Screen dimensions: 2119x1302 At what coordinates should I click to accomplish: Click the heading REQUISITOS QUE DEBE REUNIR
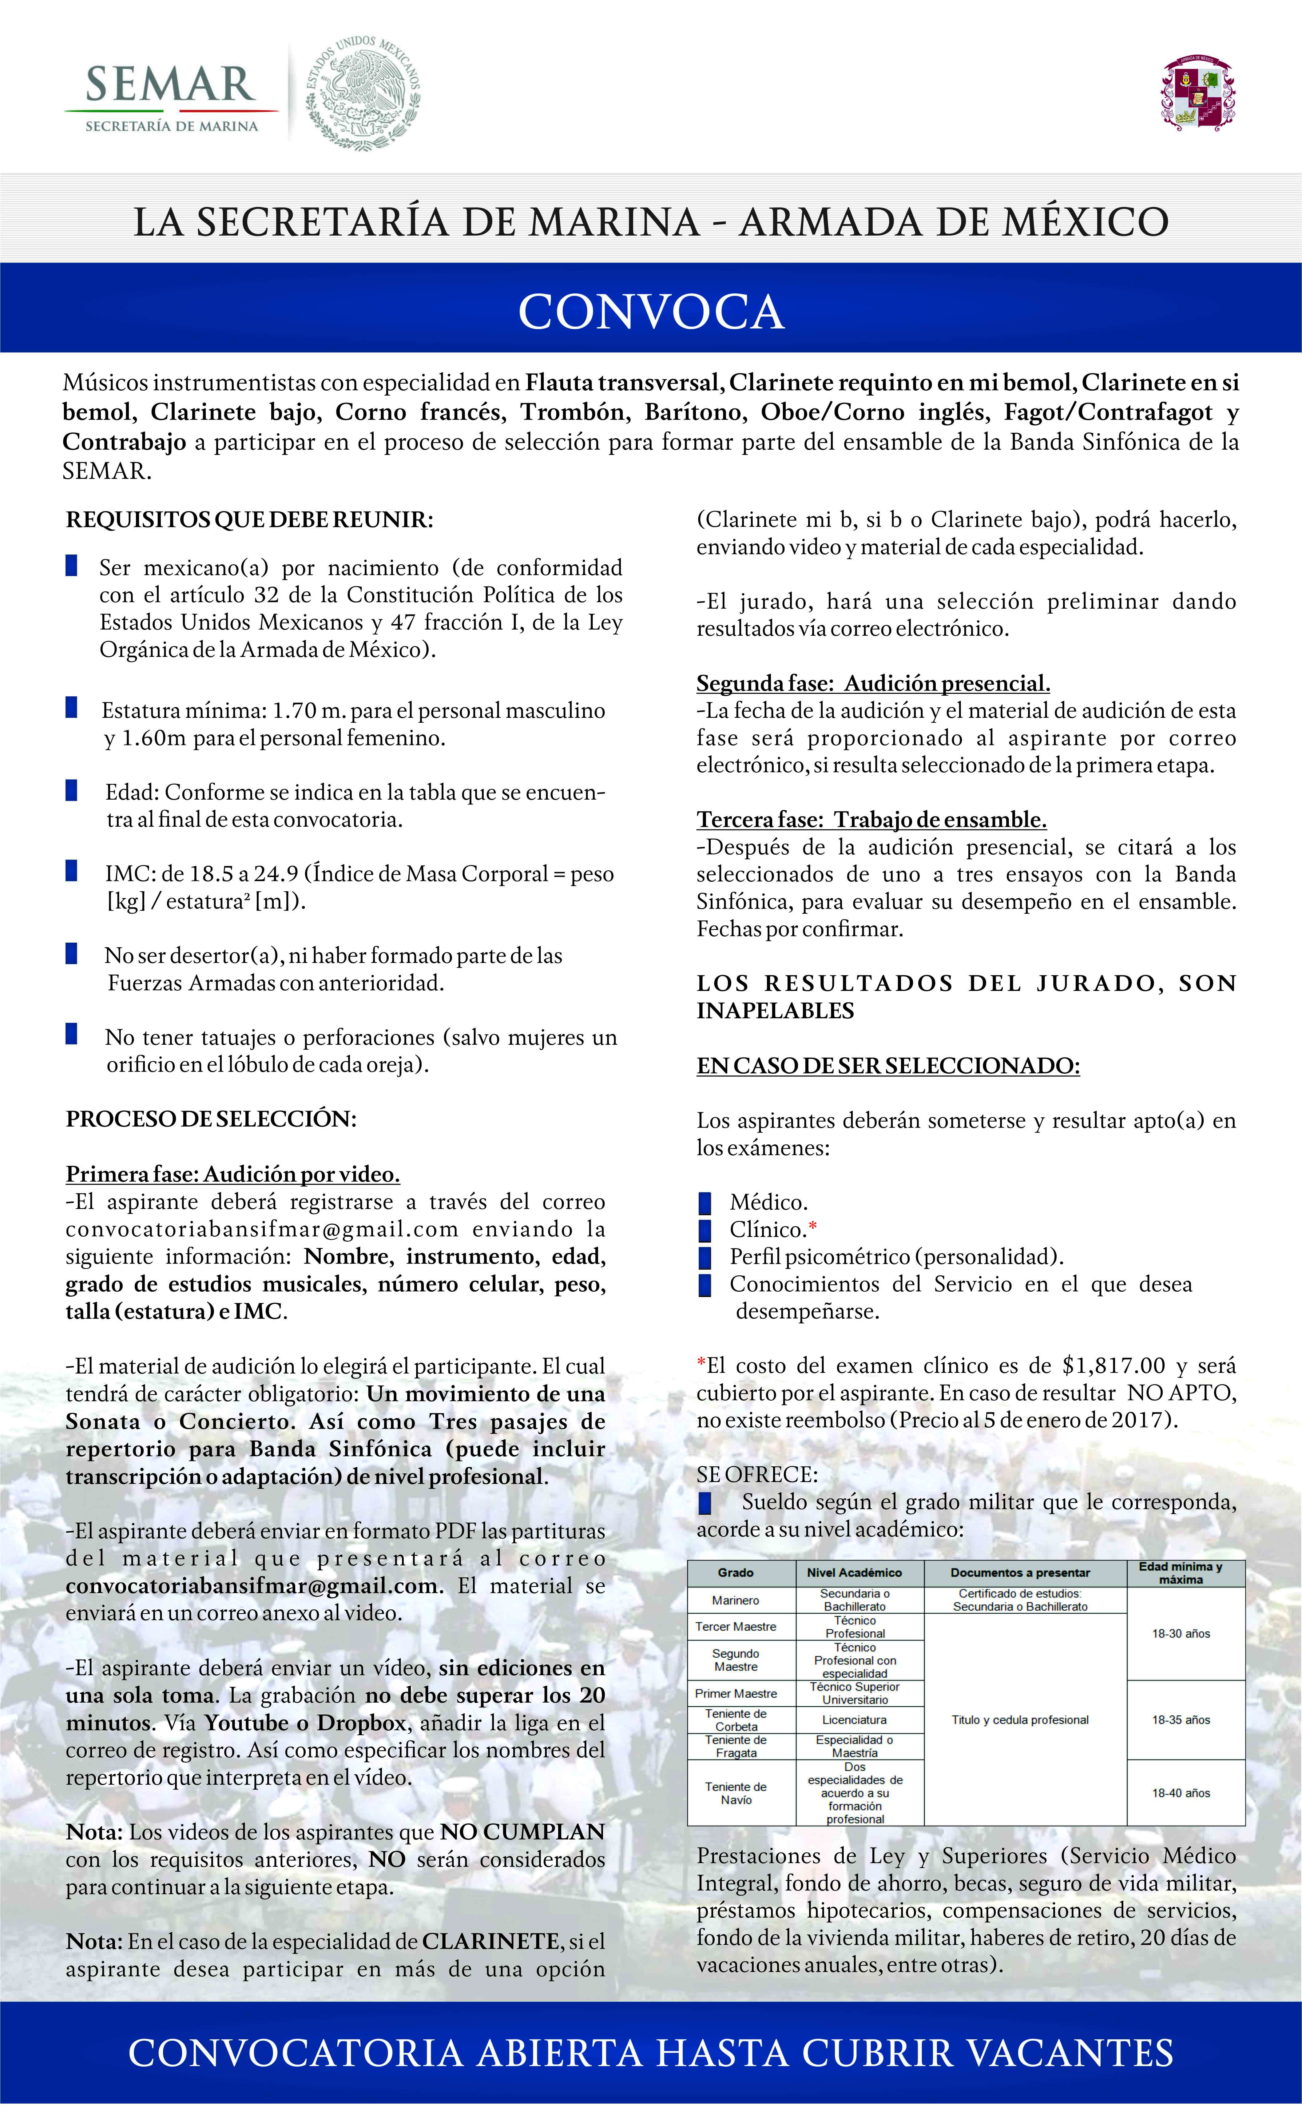249,520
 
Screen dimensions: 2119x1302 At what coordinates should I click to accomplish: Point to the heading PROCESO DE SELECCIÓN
211,1119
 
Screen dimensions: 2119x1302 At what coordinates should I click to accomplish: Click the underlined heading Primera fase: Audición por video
232,1175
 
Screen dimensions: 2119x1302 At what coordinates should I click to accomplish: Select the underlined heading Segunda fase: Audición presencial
873,684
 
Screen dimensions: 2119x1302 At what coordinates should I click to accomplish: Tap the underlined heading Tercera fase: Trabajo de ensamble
871,820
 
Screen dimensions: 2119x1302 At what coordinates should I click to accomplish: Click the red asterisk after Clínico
813,1227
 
